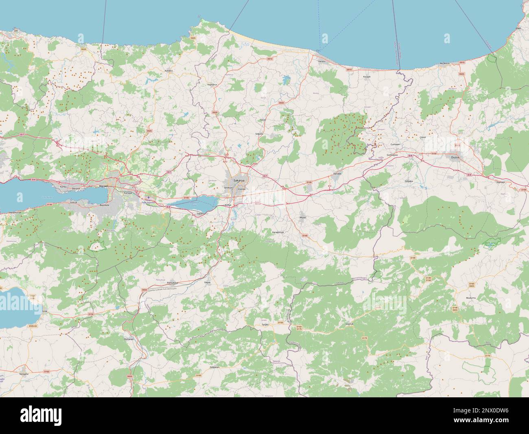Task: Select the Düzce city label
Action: tap(455, 156)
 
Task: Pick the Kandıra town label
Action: tap(169, 71)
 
